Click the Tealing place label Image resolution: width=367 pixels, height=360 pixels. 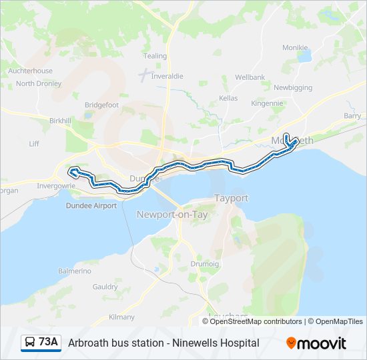point(155,56)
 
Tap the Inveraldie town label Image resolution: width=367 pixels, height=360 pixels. point(167,76)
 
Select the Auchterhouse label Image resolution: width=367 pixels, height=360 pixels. point(30,71)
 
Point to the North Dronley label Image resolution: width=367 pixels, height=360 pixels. point(39,83)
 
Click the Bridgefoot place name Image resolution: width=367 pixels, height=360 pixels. point(101,105)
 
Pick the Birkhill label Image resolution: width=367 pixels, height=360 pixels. point(60,121)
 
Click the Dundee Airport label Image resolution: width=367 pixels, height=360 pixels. point(91,206)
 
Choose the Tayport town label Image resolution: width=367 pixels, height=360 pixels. point(232,199)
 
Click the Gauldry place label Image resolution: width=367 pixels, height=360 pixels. point(105,286)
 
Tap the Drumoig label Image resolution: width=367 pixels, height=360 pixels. point(204,264)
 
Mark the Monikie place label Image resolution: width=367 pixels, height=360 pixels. point(295,47)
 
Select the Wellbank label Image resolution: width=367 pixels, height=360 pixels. point(250,77)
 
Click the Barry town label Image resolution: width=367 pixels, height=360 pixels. point(352,115)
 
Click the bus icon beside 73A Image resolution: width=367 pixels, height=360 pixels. point(30,343)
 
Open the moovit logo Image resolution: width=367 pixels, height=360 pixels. point(316,343)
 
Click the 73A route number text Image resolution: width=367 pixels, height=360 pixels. point(49,343)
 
